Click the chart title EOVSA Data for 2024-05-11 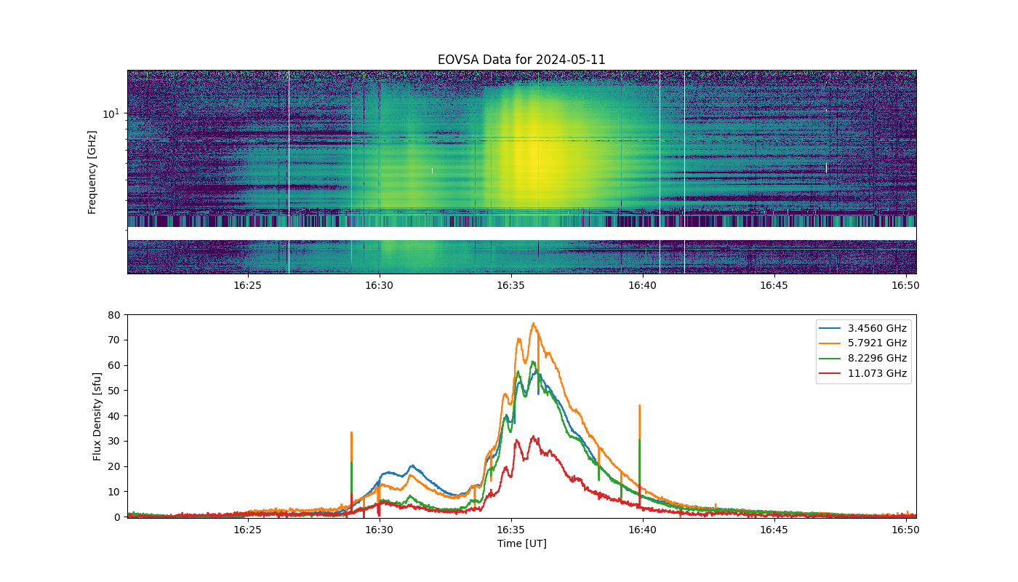pos(521,60)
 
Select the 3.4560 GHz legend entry pos(864,328)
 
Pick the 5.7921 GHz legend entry pos(864,343)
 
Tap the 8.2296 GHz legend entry pos(864,358)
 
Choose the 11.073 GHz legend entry pos(864,373)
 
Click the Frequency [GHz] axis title pos(92,172)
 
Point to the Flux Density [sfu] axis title pos(96,416)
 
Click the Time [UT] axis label pos(522,543)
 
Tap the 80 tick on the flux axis pos(114,315)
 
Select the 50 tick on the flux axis pos(114,391)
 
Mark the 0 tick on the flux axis pos(117,517)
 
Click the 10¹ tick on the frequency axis pos(111,113)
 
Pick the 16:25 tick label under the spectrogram pos(248,285)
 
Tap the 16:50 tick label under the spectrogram pos(905,285)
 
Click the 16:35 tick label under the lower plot pos(510,530)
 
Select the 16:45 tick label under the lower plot pos(774,530)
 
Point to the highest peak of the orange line pos(534,323)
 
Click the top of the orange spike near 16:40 pos(639,406)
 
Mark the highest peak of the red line pos(533,436)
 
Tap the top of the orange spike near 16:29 pos(352,432)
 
